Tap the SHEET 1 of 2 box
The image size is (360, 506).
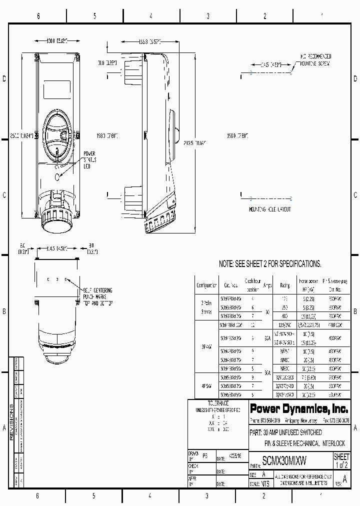(341, 461)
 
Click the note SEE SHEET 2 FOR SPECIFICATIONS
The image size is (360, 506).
(270, 263)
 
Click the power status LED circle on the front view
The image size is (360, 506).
(58, 176)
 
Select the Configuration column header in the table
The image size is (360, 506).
(206, 285)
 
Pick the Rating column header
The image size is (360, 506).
(284, 285)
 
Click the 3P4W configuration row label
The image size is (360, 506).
(206, 345)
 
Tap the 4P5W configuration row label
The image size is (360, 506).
(206, 385)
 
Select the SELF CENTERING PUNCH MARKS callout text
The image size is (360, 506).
(97, 296)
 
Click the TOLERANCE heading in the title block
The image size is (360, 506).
(218, 402)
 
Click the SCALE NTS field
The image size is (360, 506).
(261, 484)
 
